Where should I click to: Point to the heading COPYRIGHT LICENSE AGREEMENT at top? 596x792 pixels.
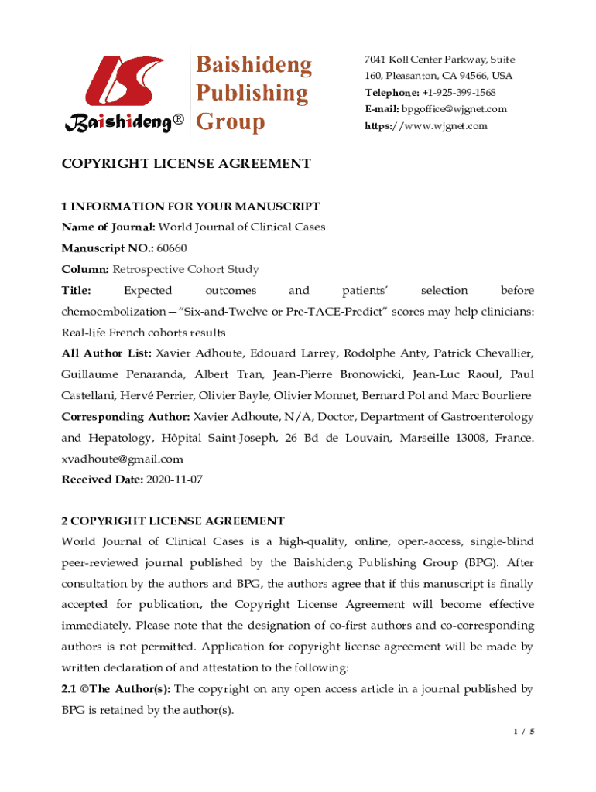[x=187, y=163]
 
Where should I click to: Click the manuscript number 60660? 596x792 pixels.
[x=172, y=248]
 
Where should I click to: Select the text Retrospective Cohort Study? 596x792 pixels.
[x=186, y=269]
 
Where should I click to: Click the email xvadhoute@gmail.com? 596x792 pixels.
[x=122, y=458]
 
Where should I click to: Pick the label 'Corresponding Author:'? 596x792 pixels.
[x=125, y=416]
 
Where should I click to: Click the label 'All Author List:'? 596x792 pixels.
[x=107, y=353]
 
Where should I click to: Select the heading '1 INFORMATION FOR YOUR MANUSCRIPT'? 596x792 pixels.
[x=190, y=207]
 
